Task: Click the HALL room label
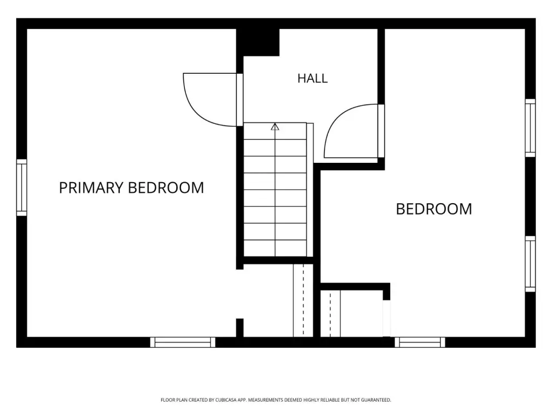point(312,78)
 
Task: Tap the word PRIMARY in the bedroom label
point(91,188)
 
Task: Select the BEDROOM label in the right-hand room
point(434,209)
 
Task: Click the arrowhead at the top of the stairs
point(275,127)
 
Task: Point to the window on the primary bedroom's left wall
point(22,187)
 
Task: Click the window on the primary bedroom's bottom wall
point(183,342)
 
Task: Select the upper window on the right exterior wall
point(530,128)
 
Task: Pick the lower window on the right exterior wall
point(530,264)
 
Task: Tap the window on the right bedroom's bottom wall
point(419,342)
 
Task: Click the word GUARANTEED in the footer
point(378,400)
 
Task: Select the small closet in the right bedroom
point(351,313)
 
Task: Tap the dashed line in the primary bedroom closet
point(303,300)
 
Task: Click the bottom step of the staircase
point(275,249)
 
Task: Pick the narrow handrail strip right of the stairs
point(310,190)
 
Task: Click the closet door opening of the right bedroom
point(387,319)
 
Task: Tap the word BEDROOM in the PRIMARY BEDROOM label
point(166,188)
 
